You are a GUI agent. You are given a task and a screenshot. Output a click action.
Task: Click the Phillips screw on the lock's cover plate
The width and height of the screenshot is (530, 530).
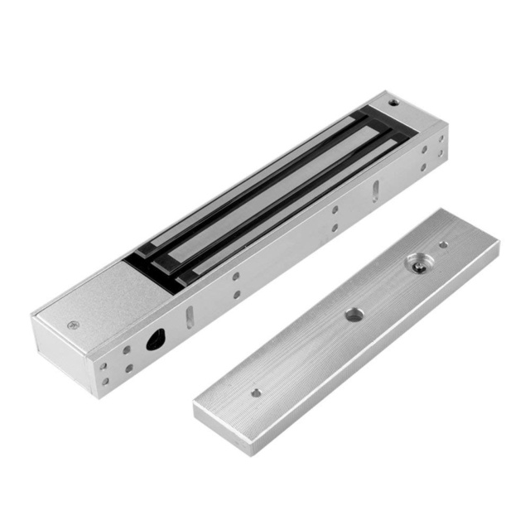coord(74,325)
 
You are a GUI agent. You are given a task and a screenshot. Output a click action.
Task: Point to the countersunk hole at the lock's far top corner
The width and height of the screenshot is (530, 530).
coord(393,104)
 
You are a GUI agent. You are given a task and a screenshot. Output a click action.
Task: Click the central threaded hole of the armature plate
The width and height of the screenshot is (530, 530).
coord(354,314)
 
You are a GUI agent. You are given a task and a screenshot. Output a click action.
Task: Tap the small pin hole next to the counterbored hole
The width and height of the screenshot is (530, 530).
coord(443,244)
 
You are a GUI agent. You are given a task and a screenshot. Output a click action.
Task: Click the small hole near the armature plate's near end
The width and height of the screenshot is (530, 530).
coord(256,393)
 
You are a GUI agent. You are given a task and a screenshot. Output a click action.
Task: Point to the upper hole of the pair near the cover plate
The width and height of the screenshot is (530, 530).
coord(235,277)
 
